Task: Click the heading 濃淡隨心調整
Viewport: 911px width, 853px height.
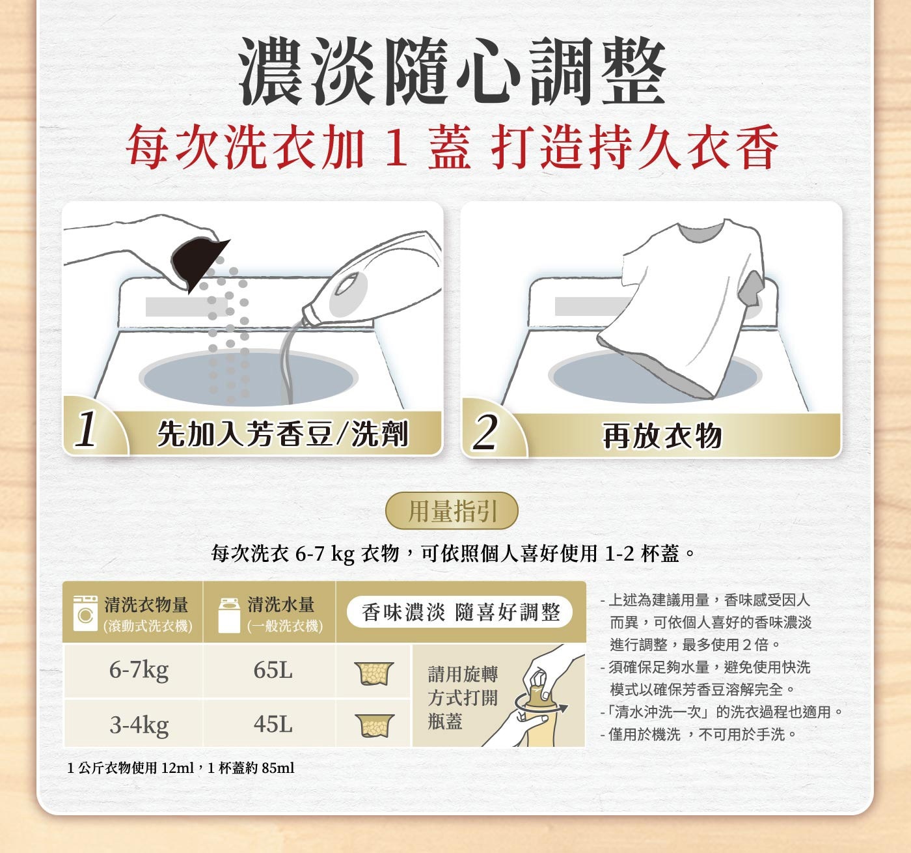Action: pos(452,71)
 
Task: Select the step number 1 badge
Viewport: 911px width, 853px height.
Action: pos(87,430)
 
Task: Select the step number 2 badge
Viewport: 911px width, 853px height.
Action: pos(485,432)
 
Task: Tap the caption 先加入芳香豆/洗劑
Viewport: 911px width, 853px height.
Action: pos(282,434)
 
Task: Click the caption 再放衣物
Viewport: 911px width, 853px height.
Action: pos(662,436)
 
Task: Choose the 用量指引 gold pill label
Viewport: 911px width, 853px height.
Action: pos(452,510)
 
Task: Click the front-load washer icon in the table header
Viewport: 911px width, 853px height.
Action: pos(85,613)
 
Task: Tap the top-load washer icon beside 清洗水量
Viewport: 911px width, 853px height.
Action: pos(229,615)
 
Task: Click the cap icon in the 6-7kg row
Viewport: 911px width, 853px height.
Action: pos(374,673)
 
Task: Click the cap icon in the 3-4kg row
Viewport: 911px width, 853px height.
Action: pos(374,726)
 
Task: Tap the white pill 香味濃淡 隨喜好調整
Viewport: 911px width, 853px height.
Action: pos(460,613)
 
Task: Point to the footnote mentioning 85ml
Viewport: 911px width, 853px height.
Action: pos(181,768)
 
